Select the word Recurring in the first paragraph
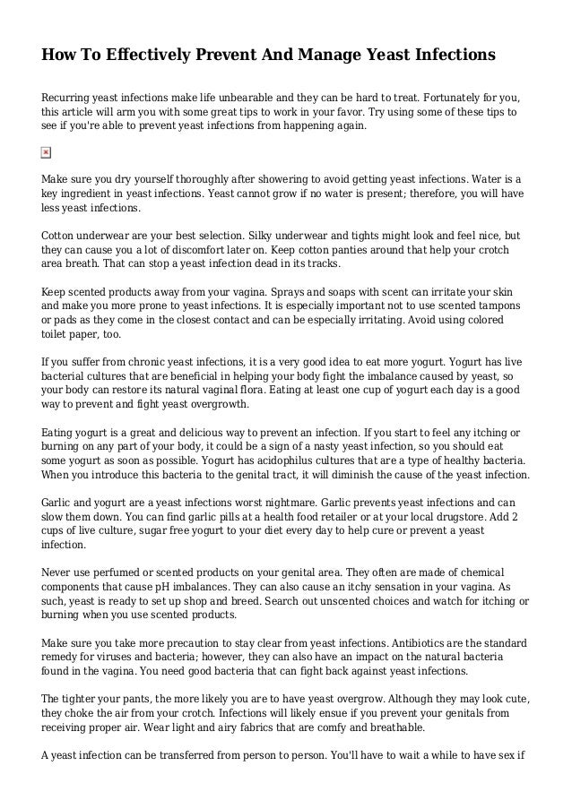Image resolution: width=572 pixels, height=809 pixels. click(x=69, y=96)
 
